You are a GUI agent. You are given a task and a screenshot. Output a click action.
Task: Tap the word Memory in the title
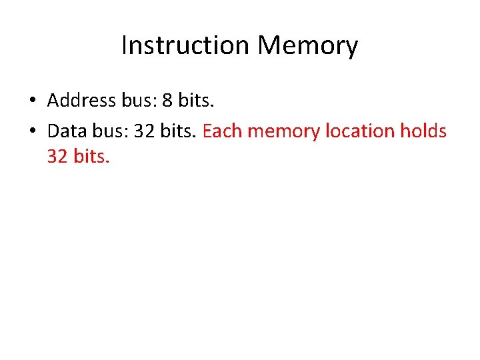click(x=308, y=46)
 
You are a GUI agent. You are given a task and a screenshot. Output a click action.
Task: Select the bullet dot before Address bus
click(x=31, y=101)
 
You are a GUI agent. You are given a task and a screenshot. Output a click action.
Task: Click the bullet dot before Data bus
click(x=31, y=131)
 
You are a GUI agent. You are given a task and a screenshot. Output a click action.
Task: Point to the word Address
click(x=81, y=101)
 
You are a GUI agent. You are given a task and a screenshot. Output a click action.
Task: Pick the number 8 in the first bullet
click(x=169, y=101)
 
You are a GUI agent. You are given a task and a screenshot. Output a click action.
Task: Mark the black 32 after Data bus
click(x=145, y=131)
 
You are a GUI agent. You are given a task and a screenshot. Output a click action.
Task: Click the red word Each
click(x=221, y=131)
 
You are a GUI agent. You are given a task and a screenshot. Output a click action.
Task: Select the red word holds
click(x=423, y=131)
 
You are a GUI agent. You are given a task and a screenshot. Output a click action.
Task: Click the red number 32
click(x=58, y=157)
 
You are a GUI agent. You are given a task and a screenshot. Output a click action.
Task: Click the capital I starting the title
click(x=125, y=46)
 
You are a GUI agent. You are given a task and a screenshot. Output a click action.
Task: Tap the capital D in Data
click(x=53, y=131)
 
